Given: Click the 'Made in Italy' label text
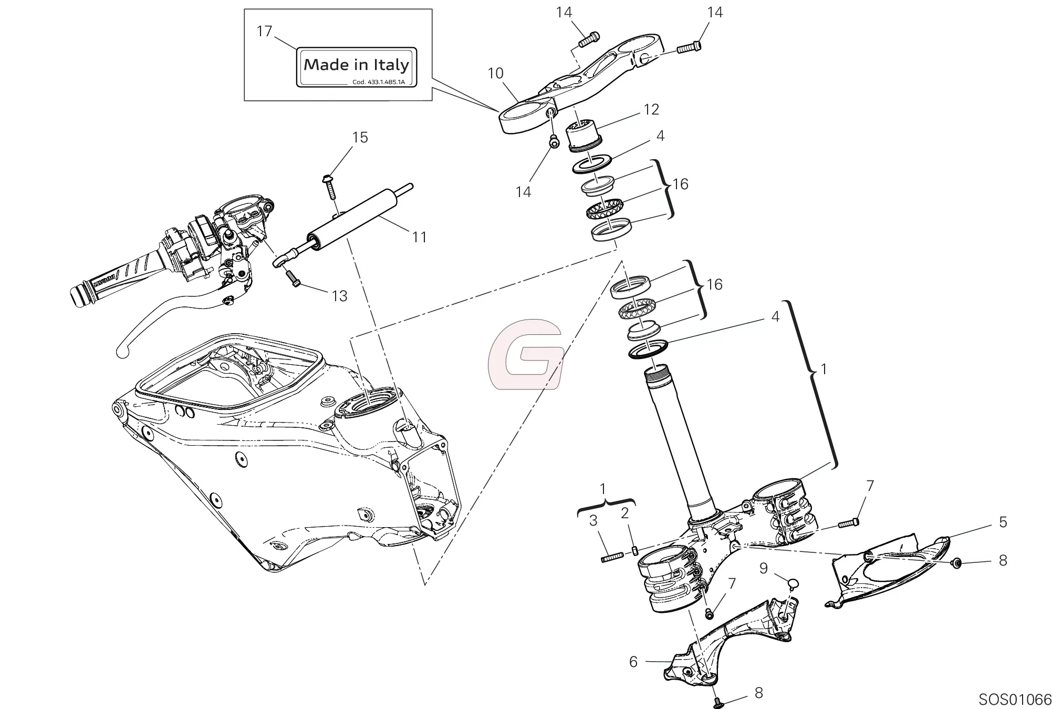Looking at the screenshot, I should click(356, 65).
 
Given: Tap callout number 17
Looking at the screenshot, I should click(264, 32).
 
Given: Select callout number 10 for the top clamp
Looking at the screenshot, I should click(495, 73).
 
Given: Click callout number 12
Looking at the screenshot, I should click(651, 109).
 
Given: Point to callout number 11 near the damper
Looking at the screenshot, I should click(419, 237).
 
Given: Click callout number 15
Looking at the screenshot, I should click(360, 138).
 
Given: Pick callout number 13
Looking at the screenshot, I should click(339, 296).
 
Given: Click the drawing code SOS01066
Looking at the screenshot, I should click(1015, 700).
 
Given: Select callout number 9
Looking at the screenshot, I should click(763, 568).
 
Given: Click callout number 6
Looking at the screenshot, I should click(633, 662).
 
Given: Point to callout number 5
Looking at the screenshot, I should click(1003, 522).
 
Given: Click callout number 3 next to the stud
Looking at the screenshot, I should click(593, 521).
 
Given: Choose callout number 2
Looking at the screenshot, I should click(624, 513).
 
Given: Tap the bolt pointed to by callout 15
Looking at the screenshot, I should click(331, 187).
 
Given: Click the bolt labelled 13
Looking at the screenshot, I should click(293, 278).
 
